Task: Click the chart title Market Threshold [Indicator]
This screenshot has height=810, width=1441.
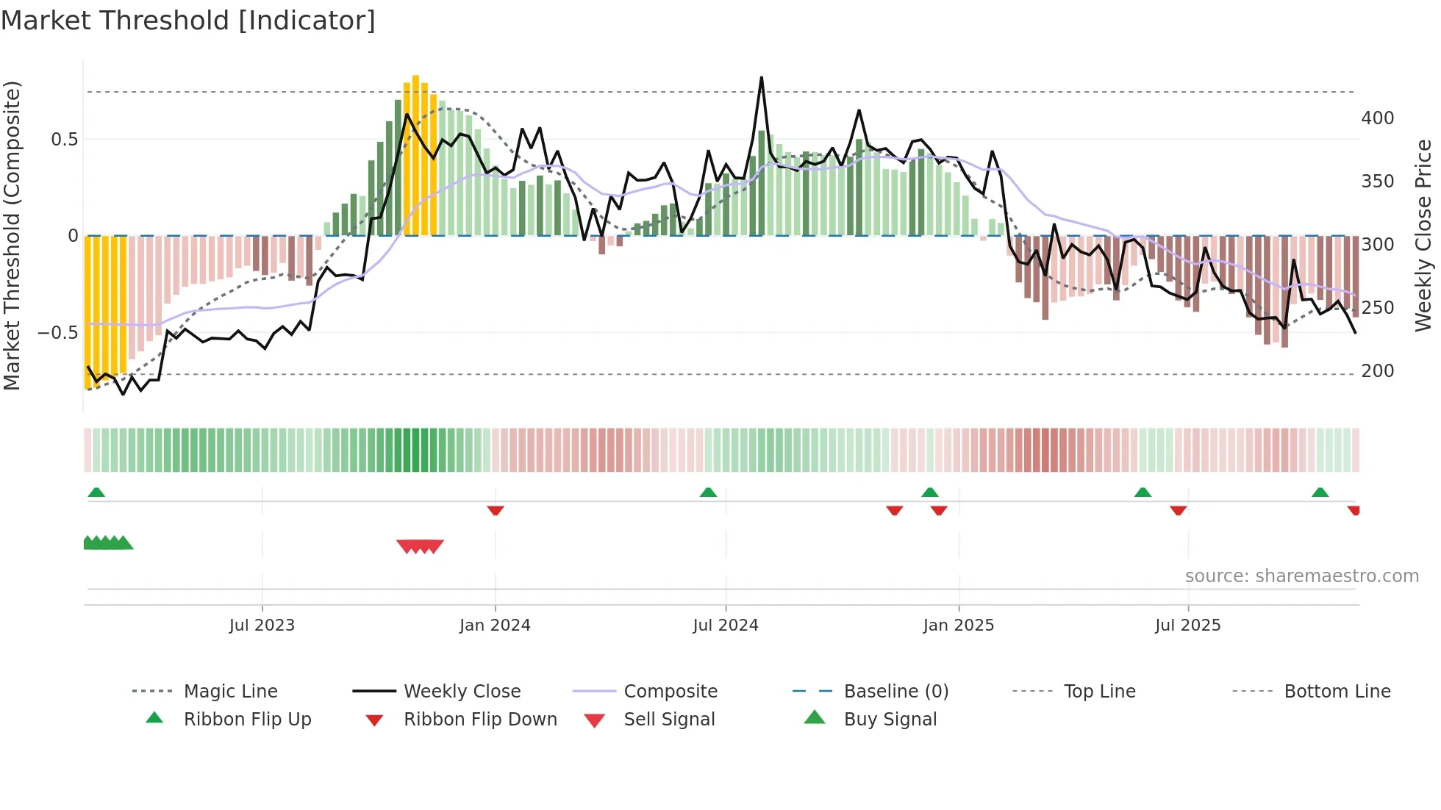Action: [188, 21]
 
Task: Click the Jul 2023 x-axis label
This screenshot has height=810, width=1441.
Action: [262, 626]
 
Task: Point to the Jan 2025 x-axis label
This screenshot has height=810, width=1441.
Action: [958, 626]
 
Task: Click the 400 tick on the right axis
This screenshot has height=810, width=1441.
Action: [1377, 118]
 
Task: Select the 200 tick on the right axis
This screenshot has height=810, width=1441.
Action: [1377, 371]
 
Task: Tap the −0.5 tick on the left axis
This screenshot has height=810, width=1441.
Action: [58, 332]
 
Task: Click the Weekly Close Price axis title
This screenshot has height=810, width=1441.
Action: [1423, 235]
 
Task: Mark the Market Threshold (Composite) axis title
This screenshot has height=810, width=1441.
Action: [12, 235]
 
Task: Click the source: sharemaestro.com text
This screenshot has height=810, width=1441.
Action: [1301, 576]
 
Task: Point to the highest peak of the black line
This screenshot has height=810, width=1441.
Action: [762, 77]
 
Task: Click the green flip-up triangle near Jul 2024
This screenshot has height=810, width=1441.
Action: [708, 492]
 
